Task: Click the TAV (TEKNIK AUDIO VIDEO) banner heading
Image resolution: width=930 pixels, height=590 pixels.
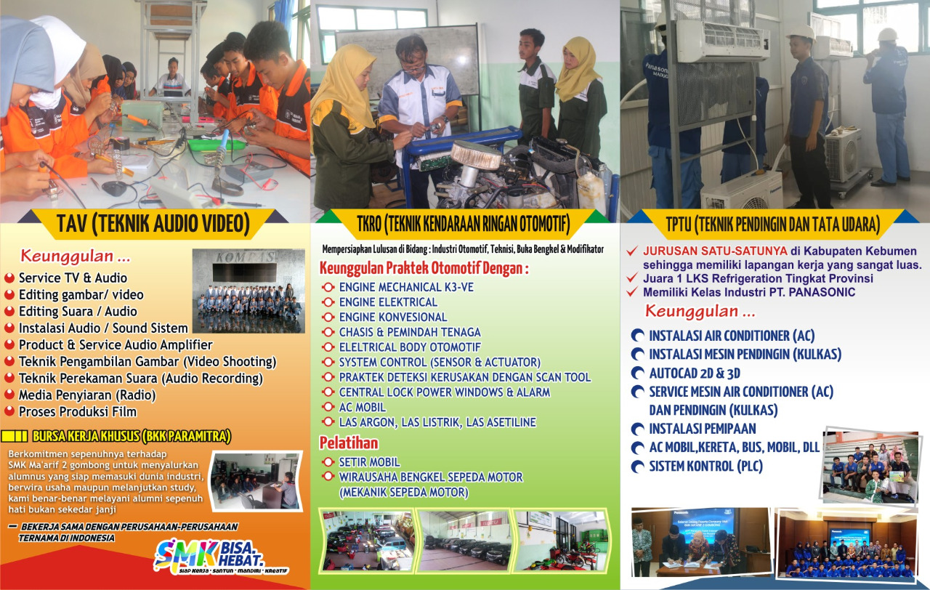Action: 153,224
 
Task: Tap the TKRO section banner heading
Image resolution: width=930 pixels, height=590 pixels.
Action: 463,225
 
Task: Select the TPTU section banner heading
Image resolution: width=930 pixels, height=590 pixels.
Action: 772,225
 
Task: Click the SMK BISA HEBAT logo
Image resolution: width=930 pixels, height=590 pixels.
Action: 221,557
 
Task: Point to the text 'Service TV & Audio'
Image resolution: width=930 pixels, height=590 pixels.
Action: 73,278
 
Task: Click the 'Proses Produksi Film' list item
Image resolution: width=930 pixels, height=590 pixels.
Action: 78,411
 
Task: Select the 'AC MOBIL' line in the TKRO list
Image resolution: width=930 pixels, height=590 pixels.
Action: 363,408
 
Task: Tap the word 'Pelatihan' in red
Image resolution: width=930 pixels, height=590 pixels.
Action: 349,443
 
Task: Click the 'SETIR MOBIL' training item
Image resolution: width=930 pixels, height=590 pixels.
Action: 370,462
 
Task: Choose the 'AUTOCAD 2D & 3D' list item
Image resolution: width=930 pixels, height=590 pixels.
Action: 695,373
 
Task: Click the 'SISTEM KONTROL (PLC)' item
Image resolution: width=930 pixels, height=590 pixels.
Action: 705,466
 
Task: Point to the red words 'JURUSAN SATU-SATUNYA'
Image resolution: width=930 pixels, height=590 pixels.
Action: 715,251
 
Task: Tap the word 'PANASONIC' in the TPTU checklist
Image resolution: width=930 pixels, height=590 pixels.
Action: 822,292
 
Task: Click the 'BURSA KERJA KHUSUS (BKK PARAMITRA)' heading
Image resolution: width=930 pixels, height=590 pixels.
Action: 132,436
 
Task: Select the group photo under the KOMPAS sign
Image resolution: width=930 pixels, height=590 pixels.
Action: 248,291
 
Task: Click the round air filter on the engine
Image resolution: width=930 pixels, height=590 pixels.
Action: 475,154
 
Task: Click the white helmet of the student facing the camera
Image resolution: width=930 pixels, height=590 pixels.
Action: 801,33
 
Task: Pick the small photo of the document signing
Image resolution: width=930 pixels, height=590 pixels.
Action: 701,541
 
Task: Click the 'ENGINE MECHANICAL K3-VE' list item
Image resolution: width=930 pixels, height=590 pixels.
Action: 406,287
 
